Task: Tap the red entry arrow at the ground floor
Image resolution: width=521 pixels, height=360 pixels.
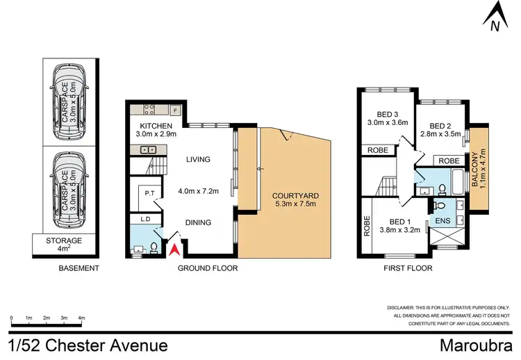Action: (x=175, y=247)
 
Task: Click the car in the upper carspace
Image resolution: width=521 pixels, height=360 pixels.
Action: (x=69, y=101)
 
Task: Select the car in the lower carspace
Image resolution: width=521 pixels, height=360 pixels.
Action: (x=69, y=188)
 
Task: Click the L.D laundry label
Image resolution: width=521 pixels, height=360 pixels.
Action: (x=145, y=220)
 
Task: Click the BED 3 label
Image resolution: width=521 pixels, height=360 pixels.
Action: (x=386, y=113)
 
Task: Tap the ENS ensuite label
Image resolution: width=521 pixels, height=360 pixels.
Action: (x=443, y=222)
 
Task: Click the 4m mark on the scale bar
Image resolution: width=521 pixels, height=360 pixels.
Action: (x=81, y=318)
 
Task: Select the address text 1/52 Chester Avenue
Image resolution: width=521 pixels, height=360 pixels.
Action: (x=88, y=345)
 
